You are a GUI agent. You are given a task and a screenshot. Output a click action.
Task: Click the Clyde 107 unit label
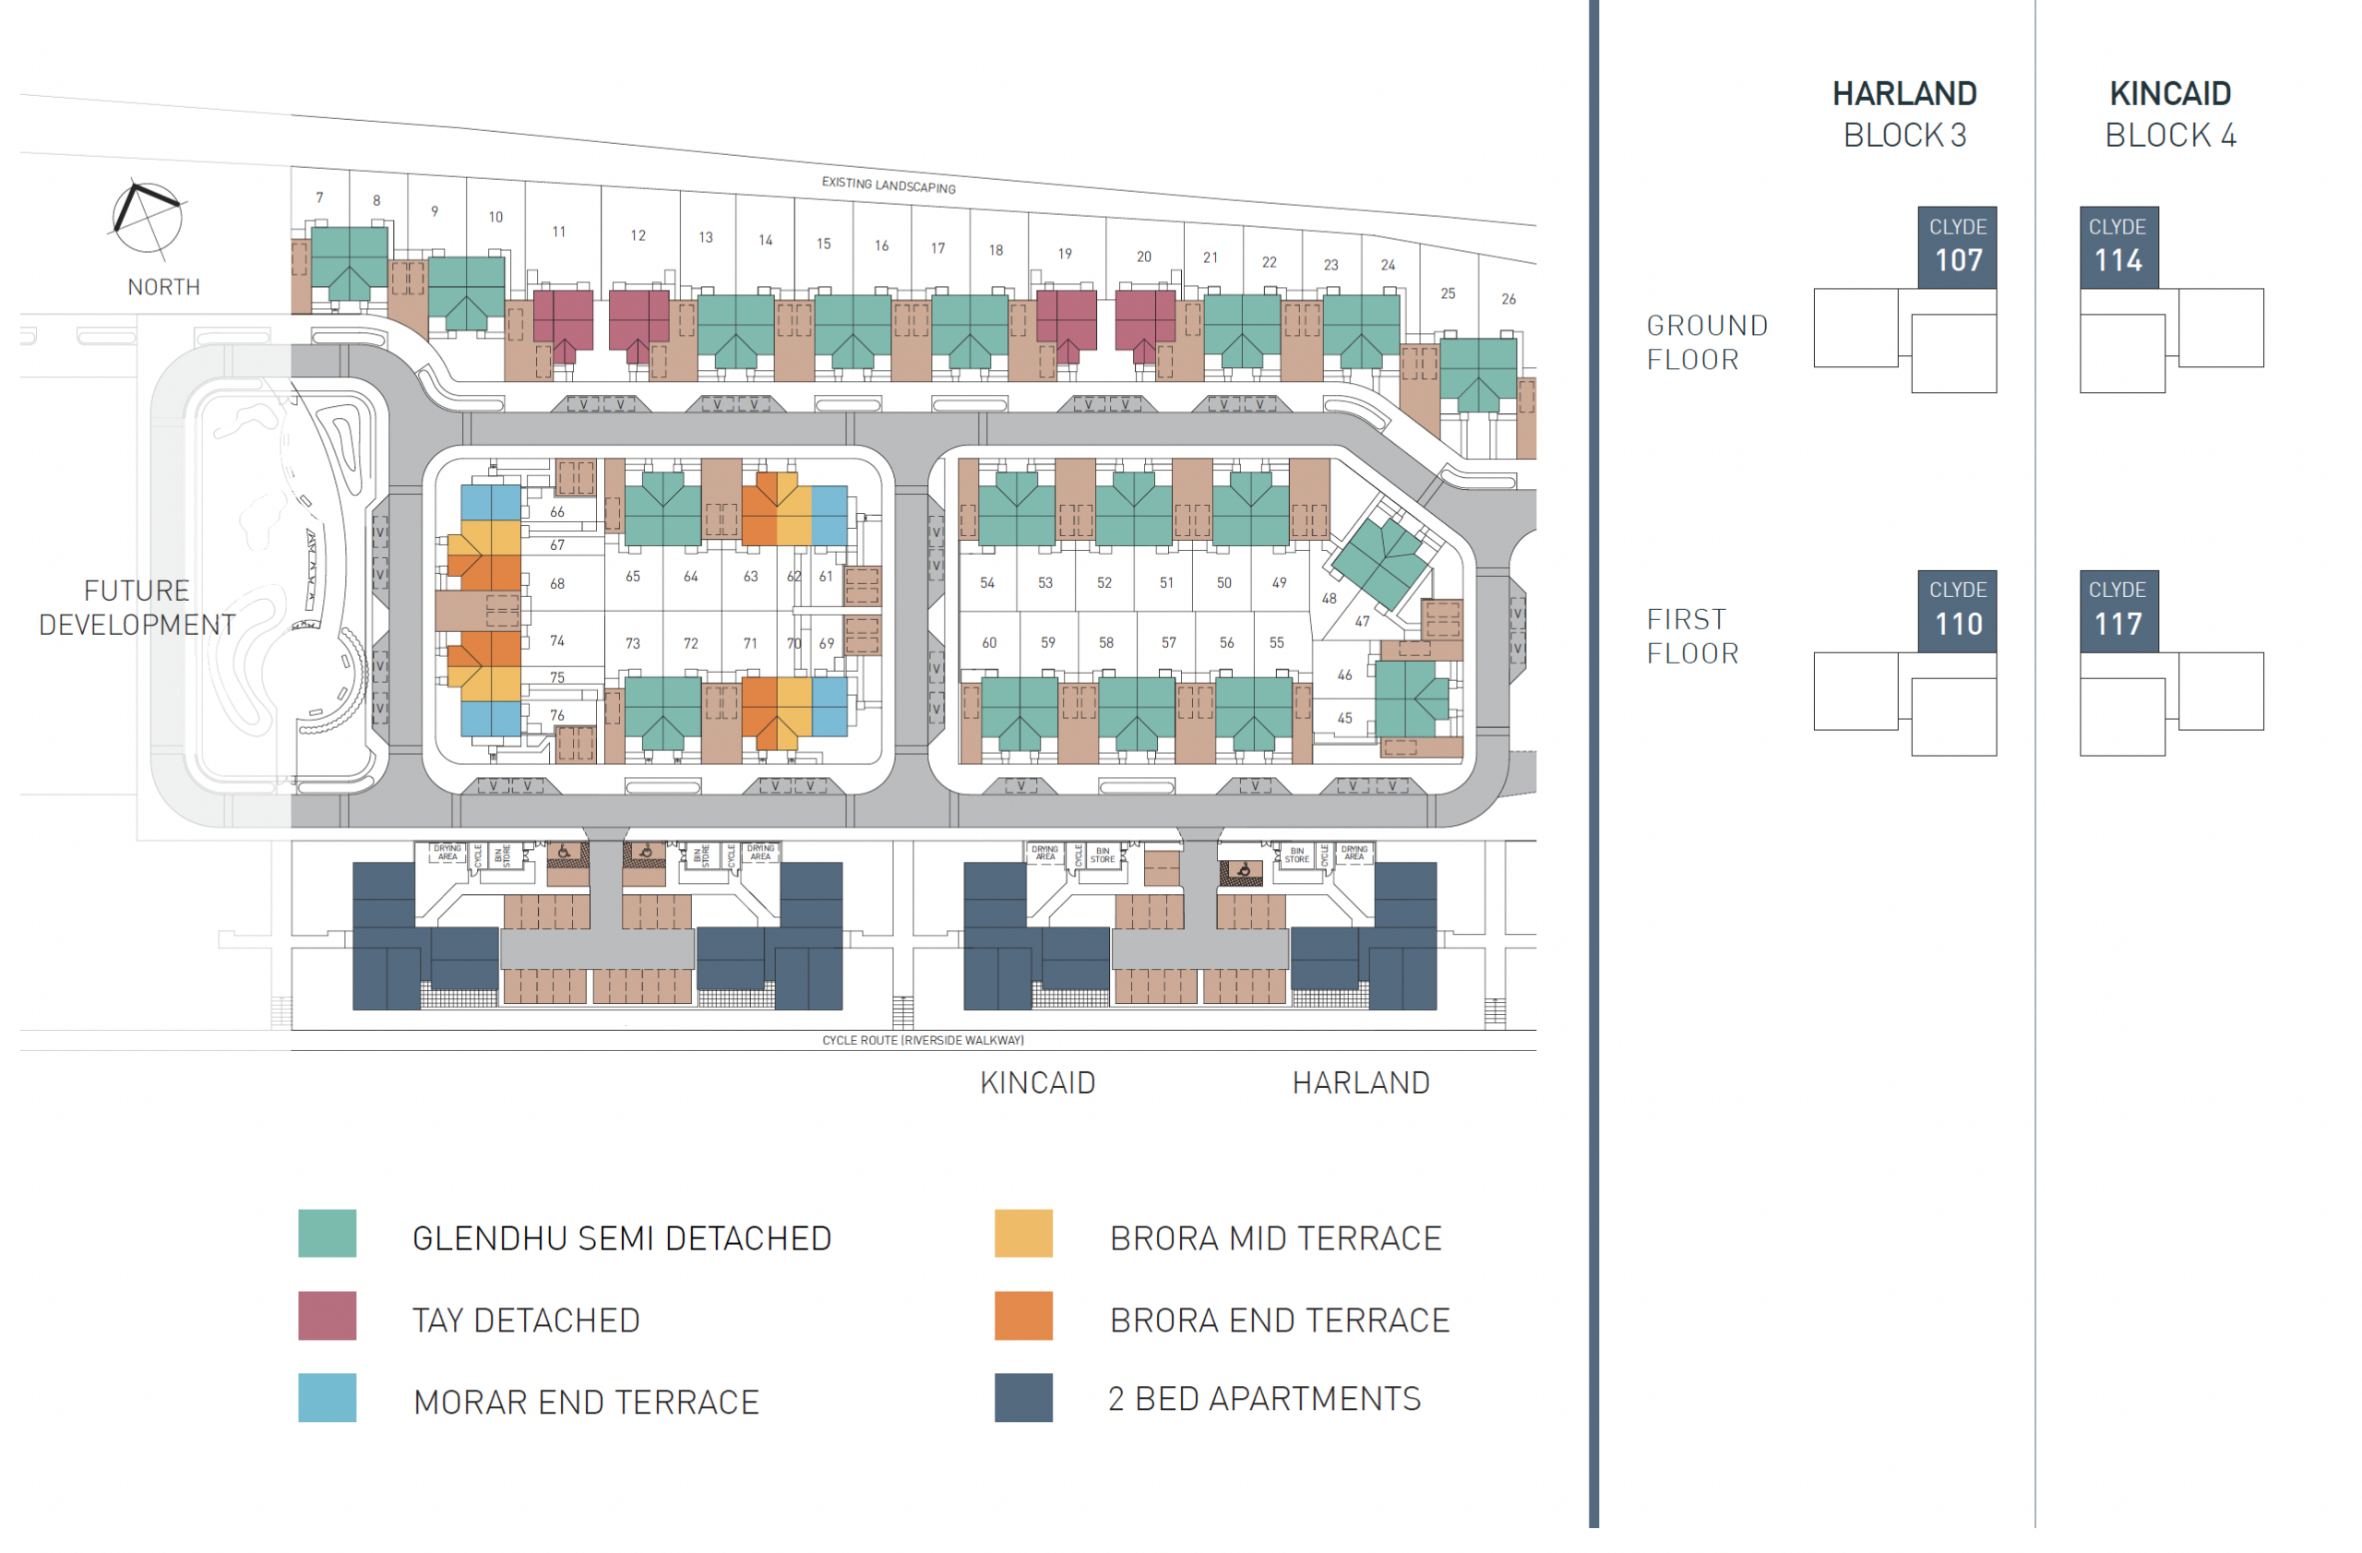(1956, 247)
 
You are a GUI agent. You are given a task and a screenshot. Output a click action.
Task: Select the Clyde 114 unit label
(2117, 247)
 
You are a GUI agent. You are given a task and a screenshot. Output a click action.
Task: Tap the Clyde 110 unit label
(1956, 610)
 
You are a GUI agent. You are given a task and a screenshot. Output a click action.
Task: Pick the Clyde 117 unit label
(2117, 610)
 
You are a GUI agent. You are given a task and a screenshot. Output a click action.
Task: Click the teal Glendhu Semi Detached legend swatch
(327, 1234)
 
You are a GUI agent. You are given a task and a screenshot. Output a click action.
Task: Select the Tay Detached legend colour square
(327, 1316)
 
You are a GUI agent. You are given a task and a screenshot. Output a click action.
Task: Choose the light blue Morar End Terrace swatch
(327, 1397)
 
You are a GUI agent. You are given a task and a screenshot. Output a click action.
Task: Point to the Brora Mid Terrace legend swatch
(1023, 1234)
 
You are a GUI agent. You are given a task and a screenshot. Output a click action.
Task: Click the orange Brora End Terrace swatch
(1023, 1316)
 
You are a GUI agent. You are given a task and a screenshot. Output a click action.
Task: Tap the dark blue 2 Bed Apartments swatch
(1023, 1397)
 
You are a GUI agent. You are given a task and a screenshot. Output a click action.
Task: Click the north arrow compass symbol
(146, 216)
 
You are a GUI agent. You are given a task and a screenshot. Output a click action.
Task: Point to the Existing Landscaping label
(889, 185)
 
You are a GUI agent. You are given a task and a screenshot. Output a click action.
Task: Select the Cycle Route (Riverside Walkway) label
(923, 1040)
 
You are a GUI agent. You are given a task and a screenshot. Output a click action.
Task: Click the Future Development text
(137, 607)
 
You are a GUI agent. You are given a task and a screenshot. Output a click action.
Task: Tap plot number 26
(1508, 299)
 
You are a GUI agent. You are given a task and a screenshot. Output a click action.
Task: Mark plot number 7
(319, 197)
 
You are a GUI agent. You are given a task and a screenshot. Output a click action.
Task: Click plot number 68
(556, 583)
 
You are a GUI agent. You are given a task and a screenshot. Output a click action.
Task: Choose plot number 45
(1343, 718)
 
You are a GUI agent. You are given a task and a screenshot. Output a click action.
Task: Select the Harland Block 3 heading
(1903, 114)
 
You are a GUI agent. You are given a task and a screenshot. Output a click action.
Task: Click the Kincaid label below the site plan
(1037, 1082)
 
